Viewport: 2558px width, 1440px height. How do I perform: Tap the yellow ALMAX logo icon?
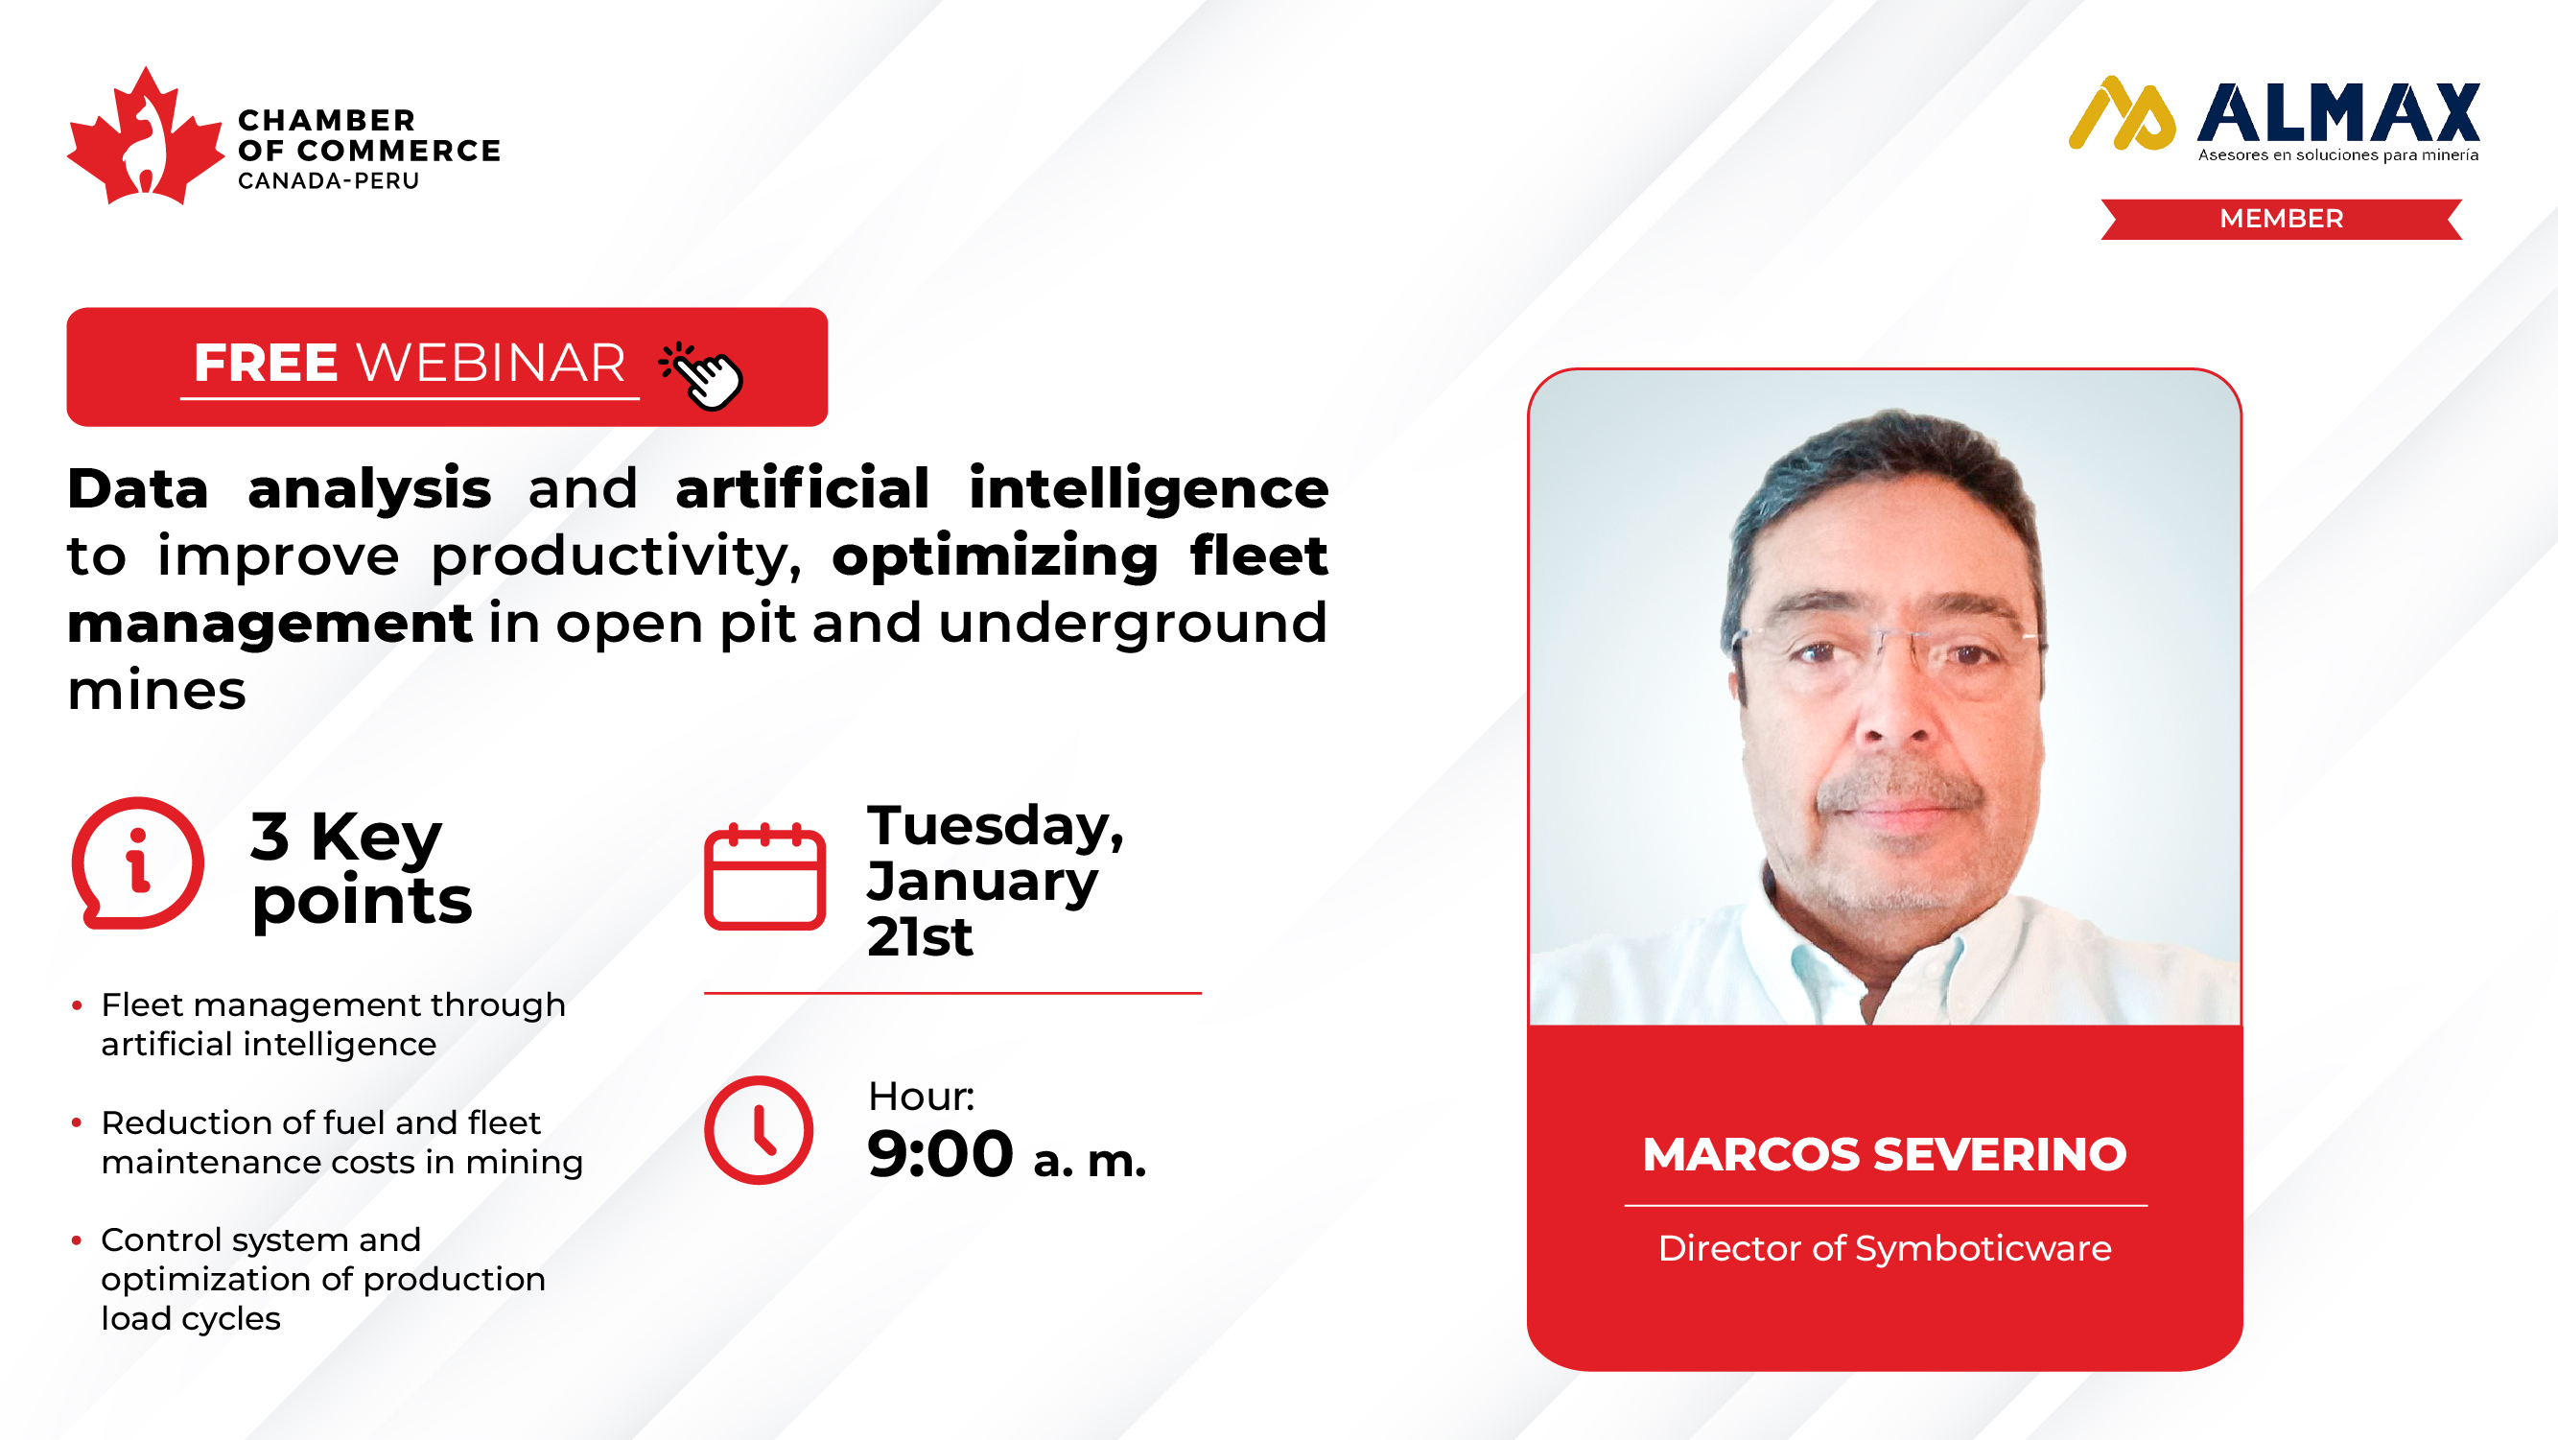click(x=2122, y=113)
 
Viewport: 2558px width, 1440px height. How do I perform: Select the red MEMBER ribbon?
click(x=2281, y=219)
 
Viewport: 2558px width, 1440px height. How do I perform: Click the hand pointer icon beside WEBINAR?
click(x=701, y=374)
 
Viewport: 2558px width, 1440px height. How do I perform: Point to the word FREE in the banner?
click(x=265, y=363)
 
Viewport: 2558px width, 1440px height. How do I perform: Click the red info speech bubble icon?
click(x=138, y=863)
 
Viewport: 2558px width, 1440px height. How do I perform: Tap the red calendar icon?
click(x=764, y=876)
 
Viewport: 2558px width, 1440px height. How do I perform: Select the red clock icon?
click(x=759, y=1130)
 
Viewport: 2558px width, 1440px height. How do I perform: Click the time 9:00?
click(x=939, y=1154)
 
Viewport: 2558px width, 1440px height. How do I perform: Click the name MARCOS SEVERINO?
click(x=1885, y=1154)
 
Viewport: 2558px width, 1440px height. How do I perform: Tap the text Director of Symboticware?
click(x=1885, y=1248)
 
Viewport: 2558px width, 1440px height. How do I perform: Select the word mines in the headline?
click(x=157, y=691)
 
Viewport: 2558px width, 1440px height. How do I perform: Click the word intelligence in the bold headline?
click(x=1149, y=489)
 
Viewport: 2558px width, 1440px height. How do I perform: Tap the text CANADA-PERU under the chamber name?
click(x=329, y=180)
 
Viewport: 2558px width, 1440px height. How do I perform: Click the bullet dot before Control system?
click(x=77, y=1239)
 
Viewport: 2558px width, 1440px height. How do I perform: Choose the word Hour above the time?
click(x=921, y=1097)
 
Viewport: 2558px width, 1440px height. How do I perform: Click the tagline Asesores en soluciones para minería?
click(x=2338, y=154)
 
